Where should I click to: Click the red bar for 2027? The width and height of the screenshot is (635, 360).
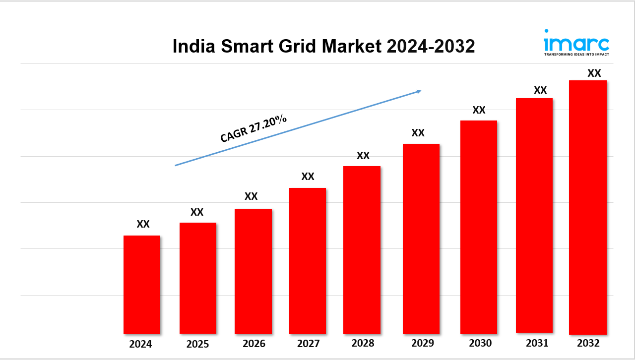[308, 261]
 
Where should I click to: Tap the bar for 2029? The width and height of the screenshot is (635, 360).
[421, 239]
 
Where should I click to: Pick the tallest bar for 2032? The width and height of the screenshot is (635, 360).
[588, 207]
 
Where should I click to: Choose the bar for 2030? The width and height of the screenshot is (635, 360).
[478, 227]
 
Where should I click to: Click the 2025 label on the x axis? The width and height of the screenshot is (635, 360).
[197, 344]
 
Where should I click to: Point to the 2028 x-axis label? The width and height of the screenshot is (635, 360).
[363, 343]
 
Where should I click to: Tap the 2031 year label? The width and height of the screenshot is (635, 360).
[534, 343]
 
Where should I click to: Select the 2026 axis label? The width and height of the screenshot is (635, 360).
[254, 344]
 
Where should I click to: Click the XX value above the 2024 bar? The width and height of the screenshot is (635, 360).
[143, 224]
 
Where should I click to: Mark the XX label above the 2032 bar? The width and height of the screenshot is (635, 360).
[594, 73]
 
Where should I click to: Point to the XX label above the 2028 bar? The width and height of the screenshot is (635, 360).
[363, 156]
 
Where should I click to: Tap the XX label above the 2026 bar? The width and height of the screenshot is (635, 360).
[251, 196]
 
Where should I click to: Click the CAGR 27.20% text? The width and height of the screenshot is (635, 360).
[254, 128]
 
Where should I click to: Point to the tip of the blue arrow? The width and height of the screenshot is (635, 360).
[420, 91]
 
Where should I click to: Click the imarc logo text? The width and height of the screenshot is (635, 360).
[576, 42]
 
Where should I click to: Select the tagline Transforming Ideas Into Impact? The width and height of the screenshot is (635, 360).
[576, 54]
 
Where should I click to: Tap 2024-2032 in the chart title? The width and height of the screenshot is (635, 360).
[431, 47]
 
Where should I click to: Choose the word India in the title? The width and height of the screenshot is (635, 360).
[194, 47]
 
